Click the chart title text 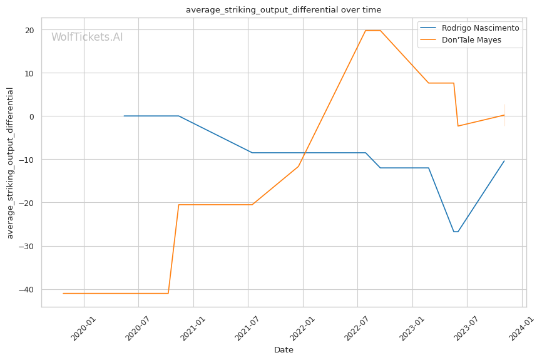283,10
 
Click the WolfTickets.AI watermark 87,38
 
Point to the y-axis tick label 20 29,30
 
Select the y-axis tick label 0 31,116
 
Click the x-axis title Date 284,350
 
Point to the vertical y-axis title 10,163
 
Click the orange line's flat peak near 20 373,30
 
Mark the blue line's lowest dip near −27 456,232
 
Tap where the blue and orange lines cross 305,153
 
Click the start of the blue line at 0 124,116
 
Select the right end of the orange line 504,115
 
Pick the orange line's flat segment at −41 116,293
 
